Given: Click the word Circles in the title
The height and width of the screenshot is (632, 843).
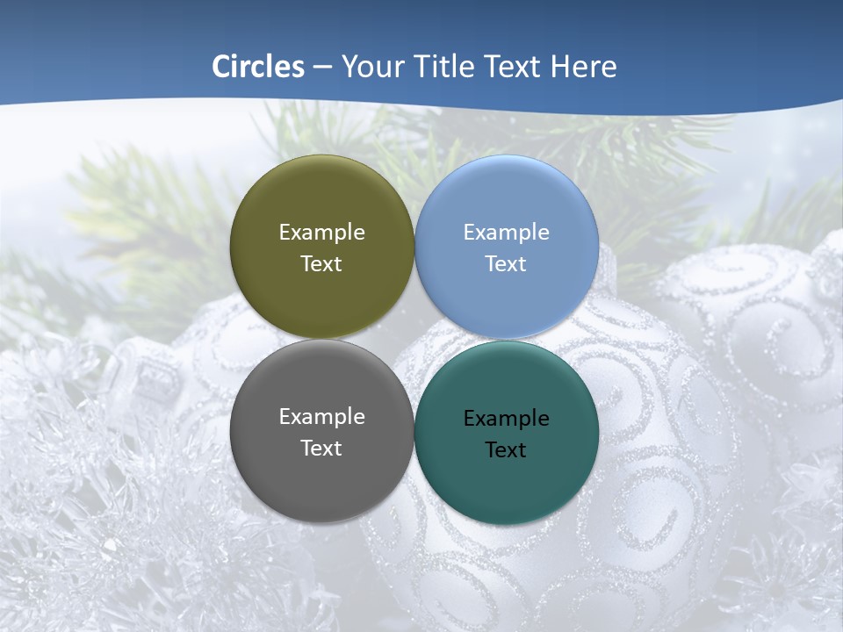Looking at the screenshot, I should (258, 67).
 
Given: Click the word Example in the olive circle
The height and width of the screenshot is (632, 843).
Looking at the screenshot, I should (321, 233).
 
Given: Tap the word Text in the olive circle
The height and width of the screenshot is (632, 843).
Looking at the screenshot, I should (321, 264).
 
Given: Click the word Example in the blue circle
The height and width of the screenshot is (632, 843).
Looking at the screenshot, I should (506, 233).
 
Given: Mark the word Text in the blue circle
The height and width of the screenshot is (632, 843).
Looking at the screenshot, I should (506, 264).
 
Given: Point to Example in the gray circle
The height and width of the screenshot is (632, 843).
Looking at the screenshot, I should (321, 417).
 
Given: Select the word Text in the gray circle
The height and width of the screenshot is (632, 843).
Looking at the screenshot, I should (321, 449).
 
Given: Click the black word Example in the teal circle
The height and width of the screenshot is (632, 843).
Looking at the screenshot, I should (506, 419).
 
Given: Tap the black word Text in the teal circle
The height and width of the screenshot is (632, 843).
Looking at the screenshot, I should (506, 450).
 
